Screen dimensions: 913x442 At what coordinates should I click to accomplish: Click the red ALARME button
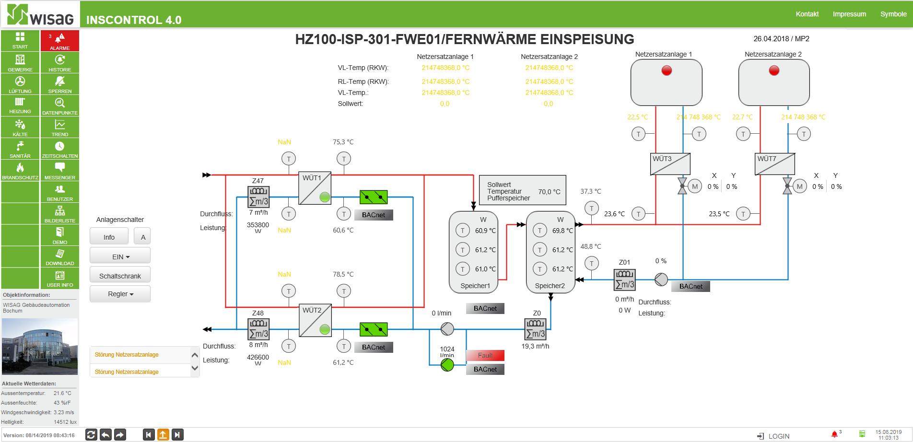coord(60,41)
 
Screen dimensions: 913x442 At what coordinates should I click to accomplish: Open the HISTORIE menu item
coord(60,63)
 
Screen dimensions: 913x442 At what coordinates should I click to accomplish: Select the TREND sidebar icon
coord(60,128)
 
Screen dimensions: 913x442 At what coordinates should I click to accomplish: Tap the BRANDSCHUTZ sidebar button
coord(20,171)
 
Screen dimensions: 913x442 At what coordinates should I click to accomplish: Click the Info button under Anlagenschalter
coord(109,237)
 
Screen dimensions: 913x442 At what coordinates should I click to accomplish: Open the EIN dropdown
coord(120,256)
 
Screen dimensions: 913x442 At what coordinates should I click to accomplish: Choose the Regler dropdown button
coord(120,293)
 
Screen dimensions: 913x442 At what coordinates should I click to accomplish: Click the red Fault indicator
coord(485,355)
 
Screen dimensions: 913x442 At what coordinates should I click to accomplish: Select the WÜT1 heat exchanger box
coord(315,188)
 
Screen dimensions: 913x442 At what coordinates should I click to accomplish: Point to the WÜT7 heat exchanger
coord(775,164)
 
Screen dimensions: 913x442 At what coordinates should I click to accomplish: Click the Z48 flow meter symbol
coord(258,329)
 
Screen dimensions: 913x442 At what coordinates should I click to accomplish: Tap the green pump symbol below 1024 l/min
coord(447,365)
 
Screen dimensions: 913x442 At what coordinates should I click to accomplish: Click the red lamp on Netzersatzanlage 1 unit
coord(667,70)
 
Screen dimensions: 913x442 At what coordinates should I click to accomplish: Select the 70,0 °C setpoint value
coord(549,192)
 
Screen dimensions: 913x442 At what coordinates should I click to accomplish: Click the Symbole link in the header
coord(893,14)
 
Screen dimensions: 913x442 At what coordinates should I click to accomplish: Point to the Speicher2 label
coord(550,286)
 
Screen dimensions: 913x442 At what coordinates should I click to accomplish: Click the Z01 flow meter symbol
coord(625,279)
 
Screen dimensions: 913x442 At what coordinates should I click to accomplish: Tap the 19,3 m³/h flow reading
coord(535,346)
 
